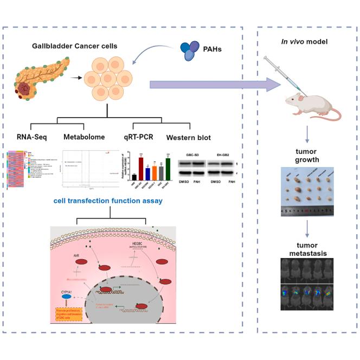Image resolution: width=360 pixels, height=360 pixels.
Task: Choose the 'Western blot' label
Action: click(x=190, y=137)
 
